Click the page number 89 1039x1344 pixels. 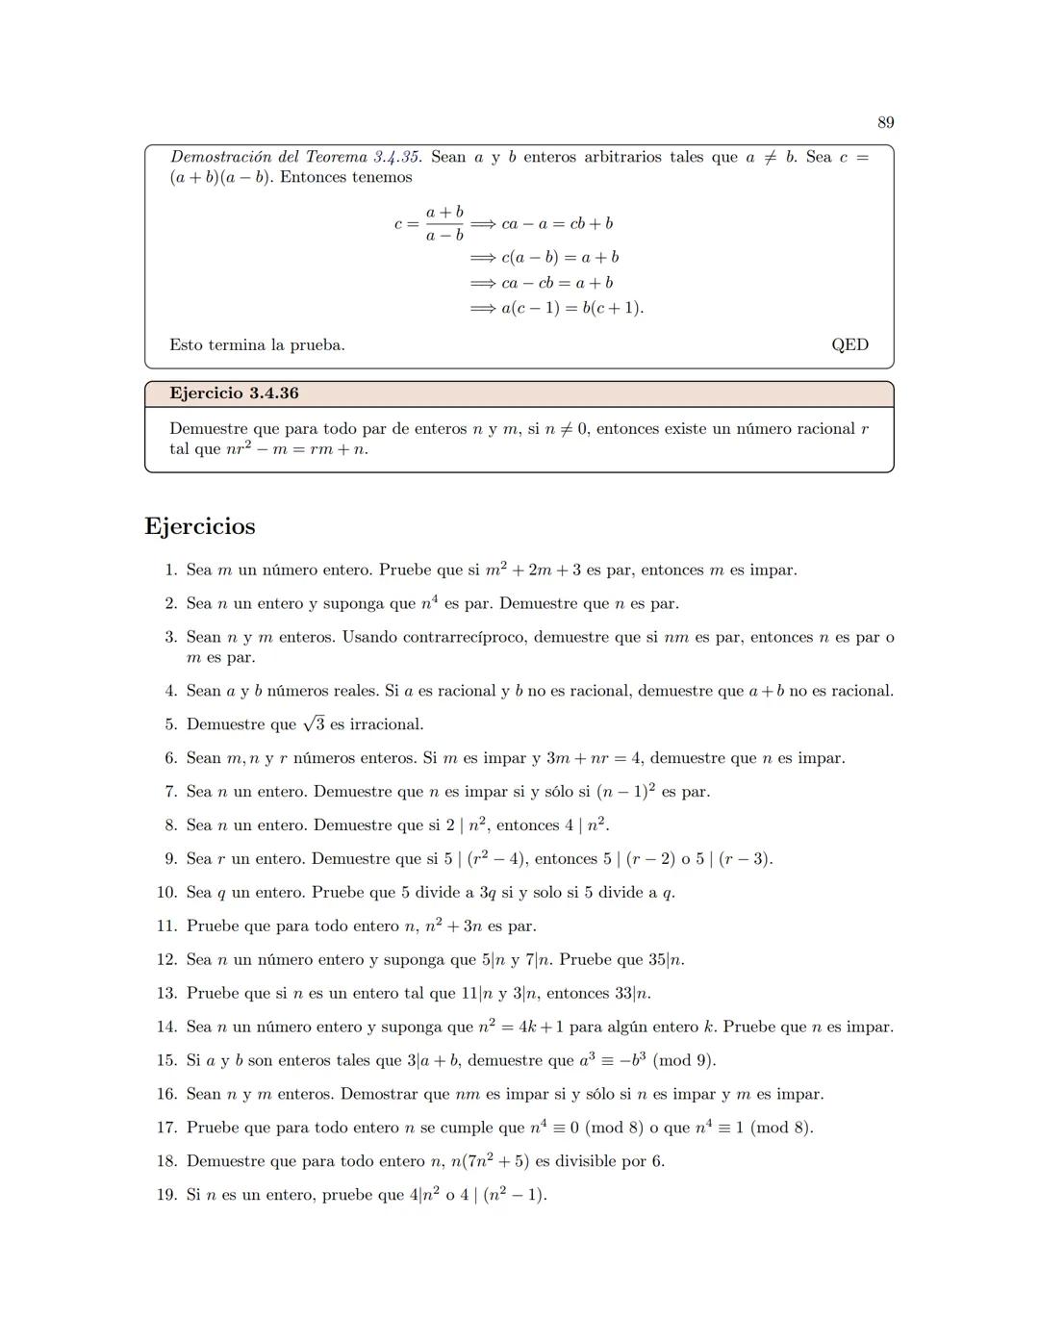pyautogui.click(x=885, y=122)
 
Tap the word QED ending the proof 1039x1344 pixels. pyautogui.click(x=849, y=344)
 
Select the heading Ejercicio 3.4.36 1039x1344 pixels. pyautogui.click(x=234, y=393)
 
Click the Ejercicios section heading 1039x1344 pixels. pyautogui.click(x=200, y=526)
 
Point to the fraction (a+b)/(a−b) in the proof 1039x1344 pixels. pyautogui.click(x=444, y=223)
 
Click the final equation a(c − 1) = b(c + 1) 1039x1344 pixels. pyautogui.click(x=572, y=308)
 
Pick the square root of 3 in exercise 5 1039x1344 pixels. pyautogui.click(x=314, y=724)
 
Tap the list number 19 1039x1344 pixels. pyautogui.click(x=166, y=1195)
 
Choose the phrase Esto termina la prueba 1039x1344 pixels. pyautogui.click(x=257, y=344)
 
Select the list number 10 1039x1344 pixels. pyautogui.click(x=166, y=892)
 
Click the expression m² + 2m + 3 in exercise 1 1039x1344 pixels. pyautogui.click(x=533, y=570)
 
